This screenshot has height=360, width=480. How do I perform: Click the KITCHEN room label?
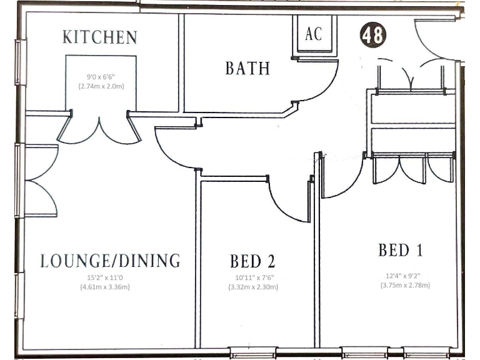(x=100, y=37)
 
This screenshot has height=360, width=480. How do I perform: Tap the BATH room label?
(x=247, y=67)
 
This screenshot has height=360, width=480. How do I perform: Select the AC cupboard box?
(x=314, y=34)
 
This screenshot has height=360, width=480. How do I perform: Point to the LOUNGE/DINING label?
(x=111, y=261)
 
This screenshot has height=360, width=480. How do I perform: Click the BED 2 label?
(x=252, y=261)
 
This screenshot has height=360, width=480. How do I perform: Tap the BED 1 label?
(x=401, y=251)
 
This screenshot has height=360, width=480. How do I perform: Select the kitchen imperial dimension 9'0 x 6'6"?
(x=101, y=77)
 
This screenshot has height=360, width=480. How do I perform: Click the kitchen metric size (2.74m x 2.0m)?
(x=101, y=86)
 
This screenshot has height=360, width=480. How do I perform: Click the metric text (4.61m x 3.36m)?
(x=111, y=287)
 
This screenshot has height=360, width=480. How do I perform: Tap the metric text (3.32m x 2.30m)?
(x=252, y=287)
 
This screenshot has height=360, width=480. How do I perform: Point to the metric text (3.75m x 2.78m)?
(x=405, y=285)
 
